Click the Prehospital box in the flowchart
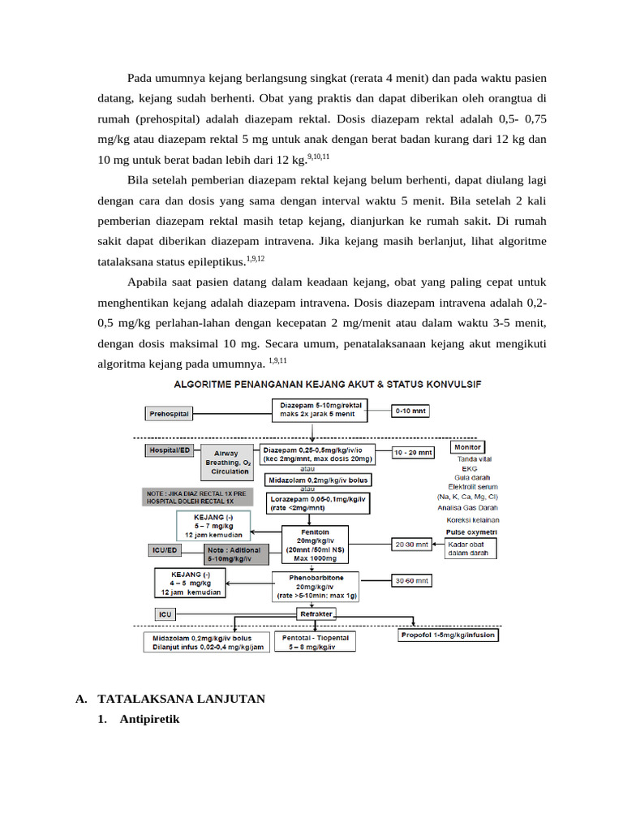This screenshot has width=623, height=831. [x=170, y=413]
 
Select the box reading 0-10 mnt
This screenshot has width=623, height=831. [x=412, y=411]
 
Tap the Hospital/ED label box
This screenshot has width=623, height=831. [x=169, y=449]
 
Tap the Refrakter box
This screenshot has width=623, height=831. [x=316, y=614]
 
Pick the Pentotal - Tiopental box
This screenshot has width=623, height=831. [x=316, y=642]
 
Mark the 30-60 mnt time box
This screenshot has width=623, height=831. [x=413, y=581]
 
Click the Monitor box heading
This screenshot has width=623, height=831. [x=467, y=447]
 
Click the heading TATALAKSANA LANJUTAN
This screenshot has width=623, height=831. [x=181, y=699]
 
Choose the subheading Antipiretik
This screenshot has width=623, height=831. [x=149, y=719]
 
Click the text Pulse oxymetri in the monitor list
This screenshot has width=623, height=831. [x=471, y=532]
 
